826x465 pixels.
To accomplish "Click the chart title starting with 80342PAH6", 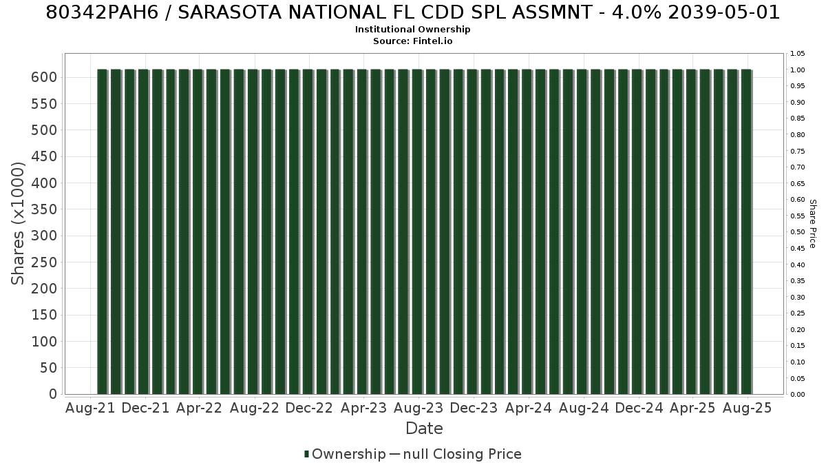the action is coord(412,12).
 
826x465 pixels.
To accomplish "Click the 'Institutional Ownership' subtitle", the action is coord(412,30).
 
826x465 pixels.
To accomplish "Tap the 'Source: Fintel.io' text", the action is coord(412,41).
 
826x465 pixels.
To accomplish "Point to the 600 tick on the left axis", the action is coord(44,77).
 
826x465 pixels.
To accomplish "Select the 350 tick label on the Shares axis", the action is coord(44,209).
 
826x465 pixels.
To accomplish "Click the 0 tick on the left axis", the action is coord(54,394).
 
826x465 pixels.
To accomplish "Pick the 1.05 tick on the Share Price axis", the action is coord(798,54).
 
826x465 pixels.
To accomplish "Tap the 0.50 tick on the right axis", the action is coord(798,232).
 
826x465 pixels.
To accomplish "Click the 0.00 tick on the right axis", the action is coord(798,395).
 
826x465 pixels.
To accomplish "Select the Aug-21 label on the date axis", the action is coord(90,408).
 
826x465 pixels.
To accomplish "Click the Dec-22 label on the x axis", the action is coord(309,408).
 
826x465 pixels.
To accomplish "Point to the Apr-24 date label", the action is coord(529,408).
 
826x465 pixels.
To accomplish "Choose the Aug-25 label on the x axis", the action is coord(747,408).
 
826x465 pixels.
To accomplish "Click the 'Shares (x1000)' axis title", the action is coord(18,224).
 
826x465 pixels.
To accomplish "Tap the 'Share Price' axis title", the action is coord(812,224).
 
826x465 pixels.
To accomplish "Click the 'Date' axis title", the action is coord(424,428).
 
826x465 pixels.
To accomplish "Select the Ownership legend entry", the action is coord(345,454).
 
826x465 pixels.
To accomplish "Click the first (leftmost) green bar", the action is coord(102,231).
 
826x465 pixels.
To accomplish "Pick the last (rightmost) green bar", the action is coord(747,231).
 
